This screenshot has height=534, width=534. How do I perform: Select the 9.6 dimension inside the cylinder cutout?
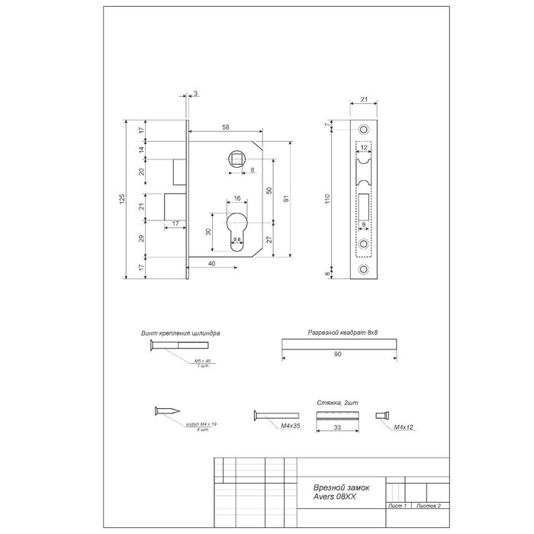(237, 242)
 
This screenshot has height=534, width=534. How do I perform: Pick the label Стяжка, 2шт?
(337, 402)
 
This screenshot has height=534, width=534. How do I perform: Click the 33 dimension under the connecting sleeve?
(336, 429)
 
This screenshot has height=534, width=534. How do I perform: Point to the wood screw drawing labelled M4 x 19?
(164, 411)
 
